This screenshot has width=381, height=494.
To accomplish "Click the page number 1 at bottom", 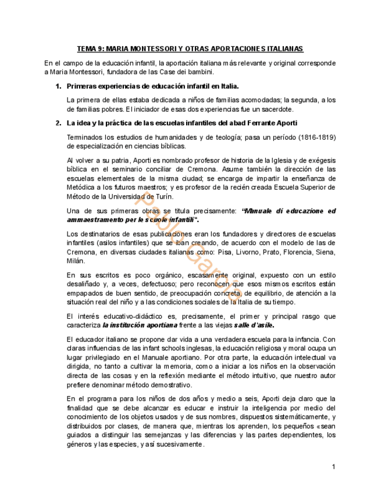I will [333, 467].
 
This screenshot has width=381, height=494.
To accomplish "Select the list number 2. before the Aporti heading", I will [58, 123].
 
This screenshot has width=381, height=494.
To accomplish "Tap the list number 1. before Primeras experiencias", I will [58, 86].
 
